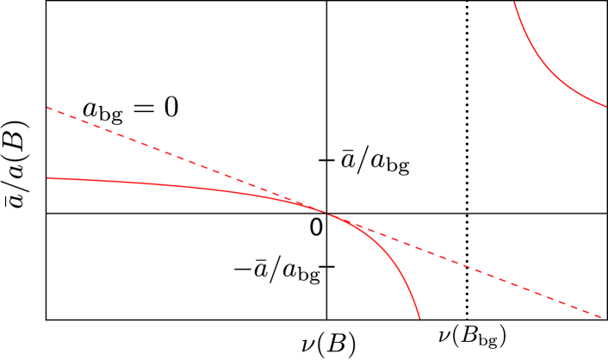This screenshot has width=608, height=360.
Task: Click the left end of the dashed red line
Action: coord(47,108)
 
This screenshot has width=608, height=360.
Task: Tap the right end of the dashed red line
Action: coord(600,317)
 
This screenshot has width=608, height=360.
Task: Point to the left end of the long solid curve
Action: coord(47,178)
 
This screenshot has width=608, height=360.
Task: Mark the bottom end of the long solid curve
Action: coord(420,319)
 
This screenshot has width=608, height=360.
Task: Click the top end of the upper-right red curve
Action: coord(514,2)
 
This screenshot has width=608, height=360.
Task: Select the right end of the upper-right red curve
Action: coord(606,107)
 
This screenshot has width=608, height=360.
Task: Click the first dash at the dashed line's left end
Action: coord(51,109)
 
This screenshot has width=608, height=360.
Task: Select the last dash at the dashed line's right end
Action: coord(596,315)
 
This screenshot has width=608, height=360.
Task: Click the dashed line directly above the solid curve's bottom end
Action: coord(420,249)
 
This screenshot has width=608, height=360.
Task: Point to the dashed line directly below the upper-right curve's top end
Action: coord(514,284)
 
